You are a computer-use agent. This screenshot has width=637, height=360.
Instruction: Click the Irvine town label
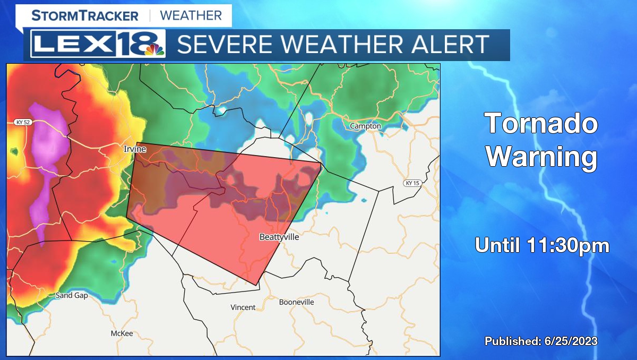pyautogui.click(x=135, y=149)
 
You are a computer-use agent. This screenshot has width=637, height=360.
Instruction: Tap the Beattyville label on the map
pyautogui.click(x=279, y=237)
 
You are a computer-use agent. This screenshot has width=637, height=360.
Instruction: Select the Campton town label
pyautogui.click(x=365, y=126)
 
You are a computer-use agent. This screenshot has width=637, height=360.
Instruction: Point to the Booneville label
pyautogui.click(x=297, y=302)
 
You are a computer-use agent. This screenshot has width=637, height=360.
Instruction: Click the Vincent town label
pyautogui.click(x=243, y=307)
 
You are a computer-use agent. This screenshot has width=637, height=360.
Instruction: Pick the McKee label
pyautogui.click(x=122, y=333)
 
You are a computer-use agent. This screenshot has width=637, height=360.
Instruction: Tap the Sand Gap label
pyautogui.click(x=72, y=295)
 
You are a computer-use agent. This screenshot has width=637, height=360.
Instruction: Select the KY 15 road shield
pyautogui.click(x=412, y=183)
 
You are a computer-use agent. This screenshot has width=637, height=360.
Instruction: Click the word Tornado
pyautogui.click(x=541, y=124)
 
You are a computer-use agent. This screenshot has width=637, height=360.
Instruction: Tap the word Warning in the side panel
pyautogui.click(x=542, y=157)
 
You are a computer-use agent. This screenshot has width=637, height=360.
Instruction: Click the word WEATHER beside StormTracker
pyautogui.click(x=191, y=15)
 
